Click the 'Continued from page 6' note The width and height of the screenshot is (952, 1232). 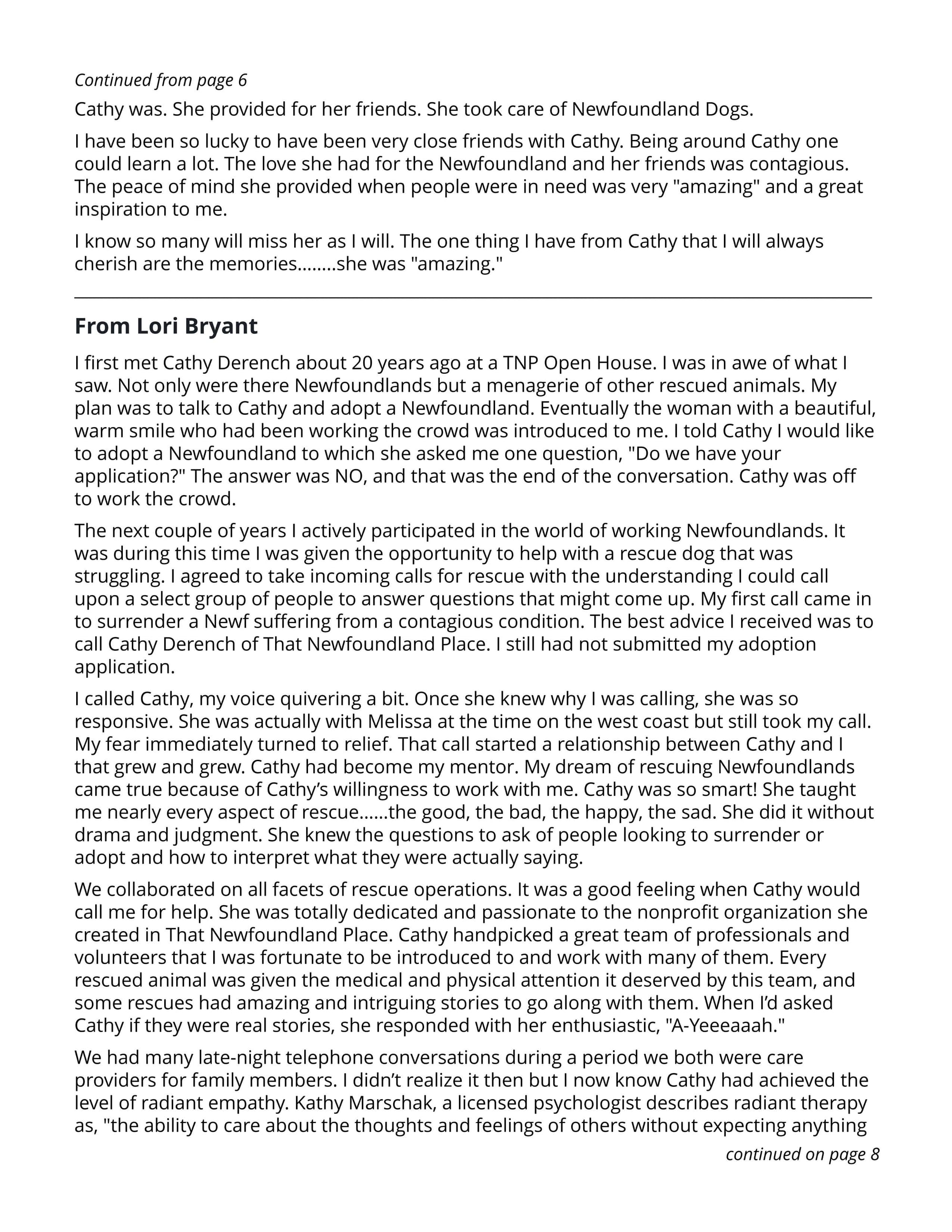click(x=161, y=80)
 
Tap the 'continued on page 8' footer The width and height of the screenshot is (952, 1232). click(x=802, y=1154)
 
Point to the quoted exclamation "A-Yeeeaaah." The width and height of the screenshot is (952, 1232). click(x=727, y=1025)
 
